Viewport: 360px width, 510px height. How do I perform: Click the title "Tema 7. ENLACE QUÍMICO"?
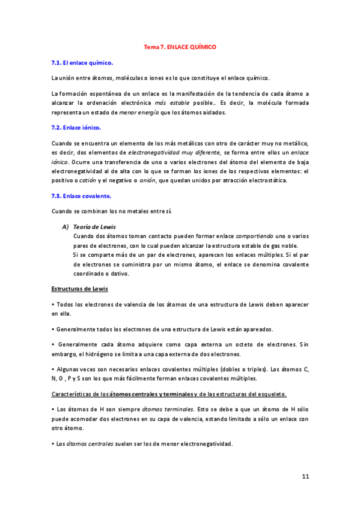point(180,46)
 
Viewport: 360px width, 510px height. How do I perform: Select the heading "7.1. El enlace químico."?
point(83,62)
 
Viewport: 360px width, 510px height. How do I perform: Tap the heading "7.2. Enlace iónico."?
point(76,127)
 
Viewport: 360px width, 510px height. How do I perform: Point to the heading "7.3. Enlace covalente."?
point(81,195)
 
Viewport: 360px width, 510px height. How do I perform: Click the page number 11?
point(305,476)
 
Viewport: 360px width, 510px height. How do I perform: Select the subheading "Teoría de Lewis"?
point(94,227)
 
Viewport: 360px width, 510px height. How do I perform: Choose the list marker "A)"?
point(66,227)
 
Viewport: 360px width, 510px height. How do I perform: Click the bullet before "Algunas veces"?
point(53,369)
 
